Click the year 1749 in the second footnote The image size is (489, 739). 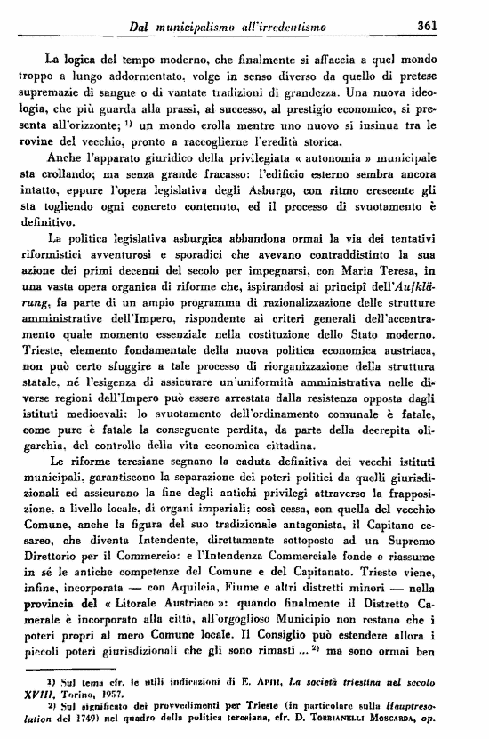pos(63,718)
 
